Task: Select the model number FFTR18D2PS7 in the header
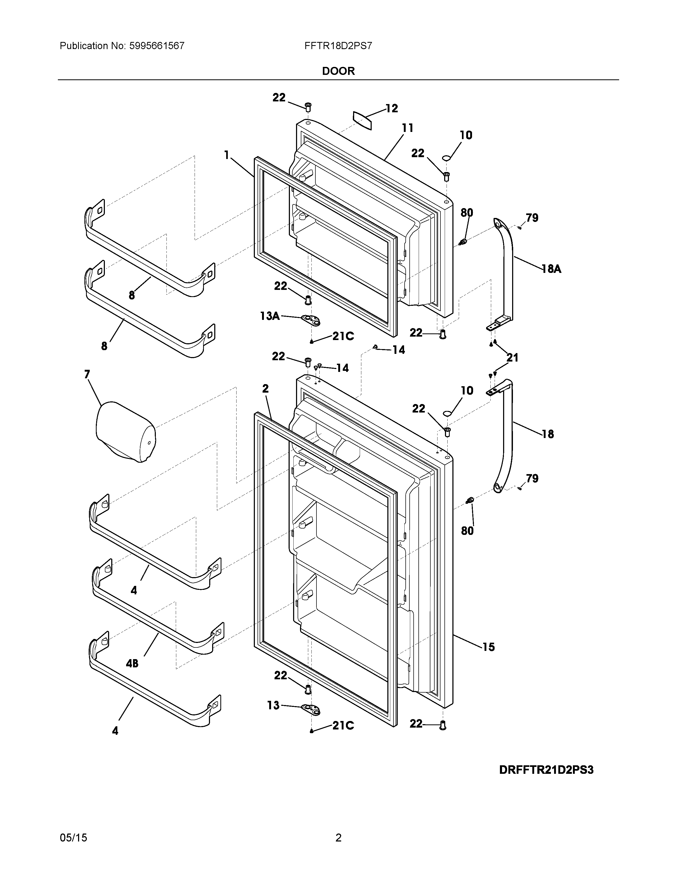pos(338,46)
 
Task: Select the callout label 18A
pos(551,269)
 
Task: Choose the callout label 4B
pos(132,664)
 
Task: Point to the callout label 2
pos(265,388)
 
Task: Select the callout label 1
pos(227,155)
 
